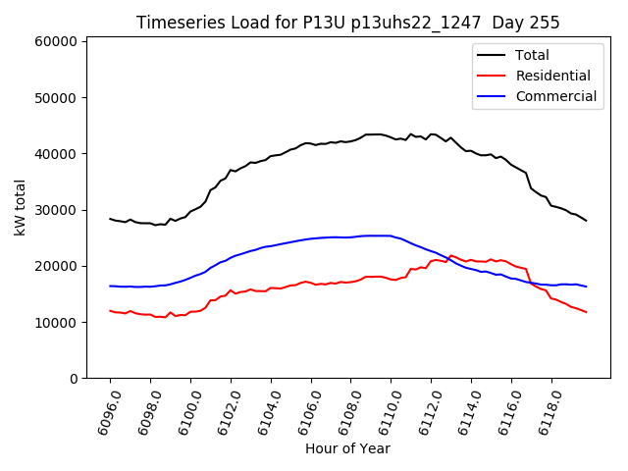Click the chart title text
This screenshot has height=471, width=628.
click(x=347, y=23)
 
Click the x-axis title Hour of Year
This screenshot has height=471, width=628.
click(x=347, y=448)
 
